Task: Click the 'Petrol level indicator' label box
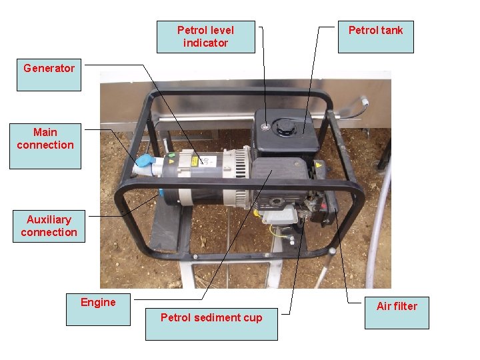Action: tap(205, 37)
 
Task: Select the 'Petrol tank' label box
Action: tap(375, 37)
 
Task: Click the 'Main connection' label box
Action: tap(45, 145)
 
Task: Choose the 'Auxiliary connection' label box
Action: tap(49, 226)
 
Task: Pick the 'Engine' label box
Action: tap(98, 309)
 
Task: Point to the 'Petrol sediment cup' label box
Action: tap(211, 323)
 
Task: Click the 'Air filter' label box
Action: tap(397, 312)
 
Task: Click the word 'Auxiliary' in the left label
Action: tap(49, 219)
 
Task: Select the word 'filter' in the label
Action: tap(406, 306)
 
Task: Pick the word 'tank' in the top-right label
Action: tap(391, 30)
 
